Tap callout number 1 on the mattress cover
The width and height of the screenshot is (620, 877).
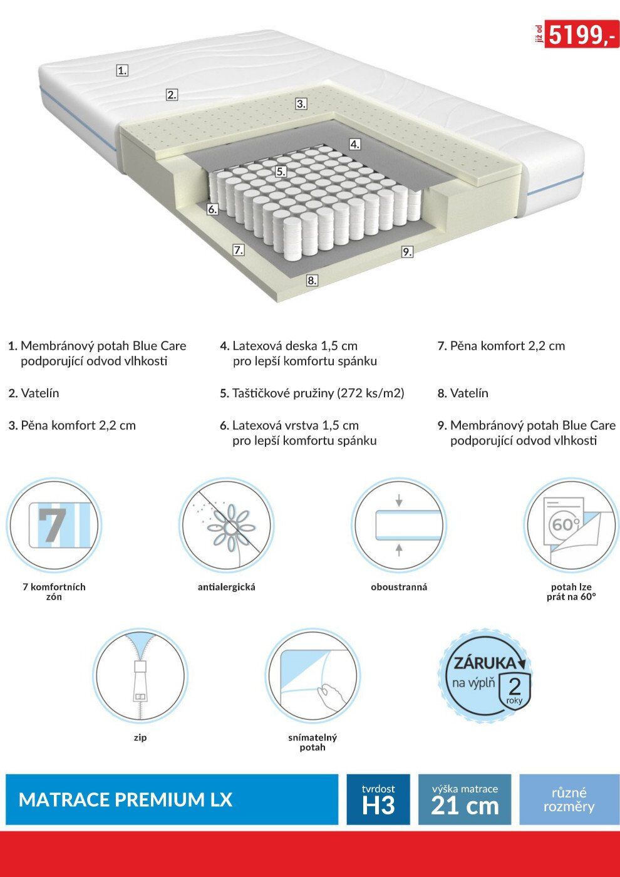click(x=122, y=71)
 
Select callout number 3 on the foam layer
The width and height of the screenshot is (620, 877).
click(x=301, y=104)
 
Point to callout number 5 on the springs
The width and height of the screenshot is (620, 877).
click(x=281, y=172)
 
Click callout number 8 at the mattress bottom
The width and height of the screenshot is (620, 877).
click(x=312, y=281)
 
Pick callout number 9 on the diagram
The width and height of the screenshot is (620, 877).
click(x=407, y=252)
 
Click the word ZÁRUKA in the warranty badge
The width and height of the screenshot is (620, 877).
click(x=485, y=663)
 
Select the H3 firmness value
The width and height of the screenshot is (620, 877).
click(x=378, y=807)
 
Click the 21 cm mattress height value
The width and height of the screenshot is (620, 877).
click(x=465, y=807)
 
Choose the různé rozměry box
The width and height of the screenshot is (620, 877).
click(x=569, y=799)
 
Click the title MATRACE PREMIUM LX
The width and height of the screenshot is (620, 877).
click(x=126, y=800)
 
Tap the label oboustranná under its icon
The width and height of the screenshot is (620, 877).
click(x=399, y=587)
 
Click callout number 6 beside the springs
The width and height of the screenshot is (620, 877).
click(x=212, y=209)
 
